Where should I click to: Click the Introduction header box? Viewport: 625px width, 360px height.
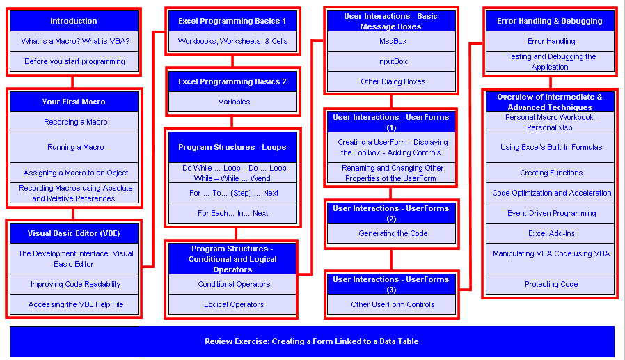[74, 21]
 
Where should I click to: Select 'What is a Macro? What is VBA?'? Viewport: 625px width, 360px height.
[75, 41]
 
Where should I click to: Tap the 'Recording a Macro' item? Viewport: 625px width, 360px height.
[75, 122]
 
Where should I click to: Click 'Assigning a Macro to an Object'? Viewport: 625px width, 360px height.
[75, 173]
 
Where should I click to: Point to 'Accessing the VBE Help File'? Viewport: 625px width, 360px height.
[75, 304]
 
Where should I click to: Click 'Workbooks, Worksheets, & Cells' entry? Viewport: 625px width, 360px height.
[232, 41]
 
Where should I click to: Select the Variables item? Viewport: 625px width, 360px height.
[234, 102]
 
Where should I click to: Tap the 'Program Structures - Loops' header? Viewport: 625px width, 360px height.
[234, 147]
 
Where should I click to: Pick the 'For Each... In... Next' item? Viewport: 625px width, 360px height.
[232, 213]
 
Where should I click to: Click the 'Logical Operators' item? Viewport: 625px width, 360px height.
[233, 304]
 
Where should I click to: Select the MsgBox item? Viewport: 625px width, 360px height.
[393, 41]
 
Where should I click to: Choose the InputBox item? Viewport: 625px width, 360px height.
[393, 61]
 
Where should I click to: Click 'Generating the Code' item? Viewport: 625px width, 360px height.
[393, 233]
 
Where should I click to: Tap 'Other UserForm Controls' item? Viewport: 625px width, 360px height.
[393, 304]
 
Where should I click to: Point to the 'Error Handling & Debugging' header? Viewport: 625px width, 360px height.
[550, 21]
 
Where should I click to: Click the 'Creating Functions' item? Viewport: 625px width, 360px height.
[551, 173]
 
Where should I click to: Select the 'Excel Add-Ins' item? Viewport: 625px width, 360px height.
[551, 233]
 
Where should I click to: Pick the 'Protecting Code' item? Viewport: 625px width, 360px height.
[551, 284]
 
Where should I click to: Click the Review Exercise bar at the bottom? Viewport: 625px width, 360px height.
[312, 341]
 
